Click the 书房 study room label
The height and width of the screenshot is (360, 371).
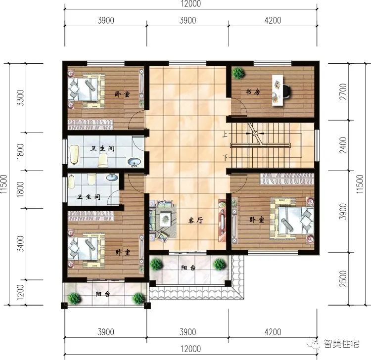253,92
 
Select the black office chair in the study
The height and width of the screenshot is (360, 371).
286,91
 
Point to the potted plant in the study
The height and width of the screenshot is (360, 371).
239,73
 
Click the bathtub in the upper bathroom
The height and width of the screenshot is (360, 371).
75,153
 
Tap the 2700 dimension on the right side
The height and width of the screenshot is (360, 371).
358,92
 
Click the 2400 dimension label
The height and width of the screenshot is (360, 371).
358,145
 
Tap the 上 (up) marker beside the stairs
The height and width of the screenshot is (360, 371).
225,134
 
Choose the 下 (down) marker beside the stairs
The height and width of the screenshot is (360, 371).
225,158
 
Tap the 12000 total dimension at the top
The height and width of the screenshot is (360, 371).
190,4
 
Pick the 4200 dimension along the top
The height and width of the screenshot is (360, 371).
273,20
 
